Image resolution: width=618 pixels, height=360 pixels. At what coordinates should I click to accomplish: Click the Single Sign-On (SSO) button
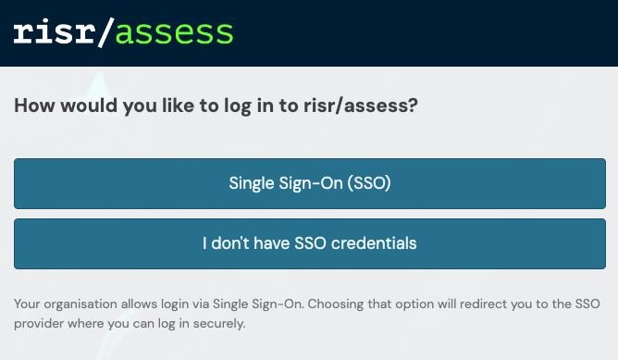(x=310, y=183)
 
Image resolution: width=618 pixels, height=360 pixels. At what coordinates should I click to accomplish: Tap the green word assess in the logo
(x=177, y=33)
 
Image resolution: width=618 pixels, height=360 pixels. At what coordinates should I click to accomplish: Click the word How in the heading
(x=32, y=106)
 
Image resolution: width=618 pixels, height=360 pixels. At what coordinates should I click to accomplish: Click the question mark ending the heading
(x=413, y=106)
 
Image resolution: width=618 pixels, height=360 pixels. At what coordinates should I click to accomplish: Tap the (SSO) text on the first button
(x=369, y=183)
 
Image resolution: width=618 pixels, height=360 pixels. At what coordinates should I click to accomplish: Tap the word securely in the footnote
(x=221, y=325)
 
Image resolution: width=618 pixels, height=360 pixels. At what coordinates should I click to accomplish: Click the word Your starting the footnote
(x=28, y=304)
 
